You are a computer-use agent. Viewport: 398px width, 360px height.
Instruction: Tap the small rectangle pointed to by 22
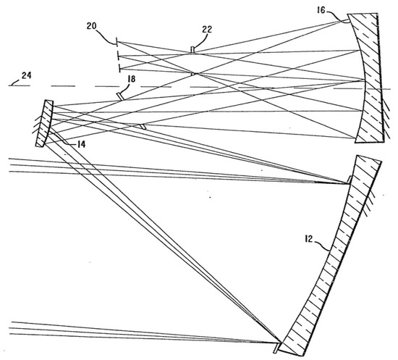click(x=192, y=49)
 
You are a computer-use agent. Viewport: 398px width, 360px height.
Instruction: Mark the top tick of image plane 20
click(x=117, y=41)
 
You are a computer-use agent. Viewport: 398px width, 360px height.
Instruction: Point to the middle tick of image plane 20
click(x=117, y=54)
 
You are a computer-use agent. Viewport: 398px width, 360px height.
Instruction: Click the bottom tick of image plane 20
click(x=117, y=68)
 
